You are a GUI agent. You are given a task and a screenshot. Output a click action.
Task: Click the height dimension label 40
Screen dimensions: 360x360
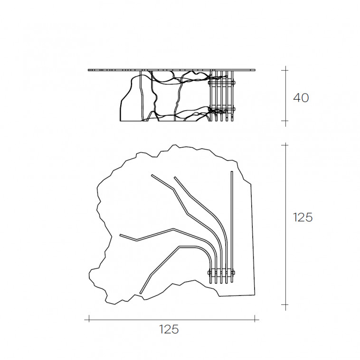(x=301, y=98)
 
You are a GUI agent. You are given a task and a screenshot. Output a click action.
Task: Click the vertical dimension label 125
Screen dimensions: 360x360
(x=303, y=217)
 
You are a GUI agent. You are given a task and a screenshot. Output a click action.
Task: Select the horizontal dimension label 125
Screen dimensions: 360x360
(x=169, y=329)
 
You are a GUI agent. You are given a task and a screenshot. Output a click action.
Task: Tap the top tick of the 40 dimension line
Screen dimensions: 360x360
(x=285, y=70)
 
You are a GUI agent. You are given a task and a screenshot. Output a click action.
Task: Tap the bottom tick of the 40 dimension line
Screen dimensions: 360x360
(x=285, y=121)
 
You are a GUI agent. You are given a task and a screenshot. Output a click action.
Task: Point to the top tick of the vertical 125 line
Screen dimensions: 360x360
(x=285, y=145)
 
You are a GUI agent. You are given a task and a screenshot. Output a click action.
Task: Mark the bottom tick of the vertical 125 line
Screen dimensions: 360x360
(x=285, y=304)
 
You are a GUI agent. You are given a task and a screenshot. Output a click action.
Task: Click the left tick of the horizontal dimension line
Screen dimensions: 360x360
(x=89, y=319)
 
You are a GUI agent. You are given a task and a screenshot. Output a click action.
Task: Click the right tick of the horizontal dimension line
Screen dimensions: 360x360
(x=255, y=319)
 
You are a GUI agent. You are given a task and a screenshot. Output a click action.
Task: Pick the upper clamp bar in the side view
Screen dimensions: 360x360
(x=221, y=82)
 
